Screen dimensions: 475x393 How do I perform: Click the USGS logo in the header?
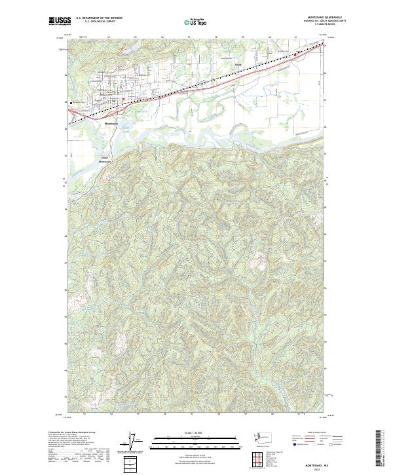[60, 21]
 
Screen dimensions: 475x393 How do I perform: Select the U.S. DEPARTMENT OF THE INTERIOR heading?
[99, 18]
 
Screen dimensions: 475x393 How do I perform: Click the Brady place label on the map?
[238, 64]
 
